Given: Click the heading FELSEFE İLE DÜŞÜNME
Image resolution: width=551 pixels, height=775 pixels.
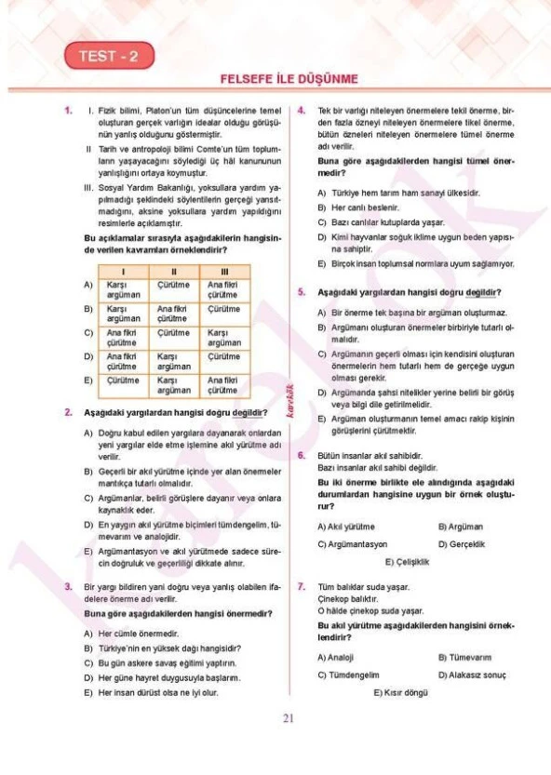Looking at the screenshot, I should pos(289,79).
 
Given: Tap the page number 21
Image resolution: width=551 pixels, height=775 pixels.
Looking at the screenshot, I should pos(288,717).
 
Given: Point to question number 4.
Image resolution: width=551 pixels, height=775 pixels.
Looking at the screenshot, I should pos(302,110).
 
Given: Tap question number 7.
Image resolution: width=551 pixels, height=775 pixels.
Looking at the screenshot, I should pos(302,587).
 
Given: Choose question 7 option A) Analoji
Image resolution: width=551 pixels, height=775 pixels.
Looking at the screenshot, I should pos(336,657).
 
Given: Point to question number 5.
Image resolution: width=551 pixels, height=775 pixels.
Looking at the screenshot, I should pos(302,291).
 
